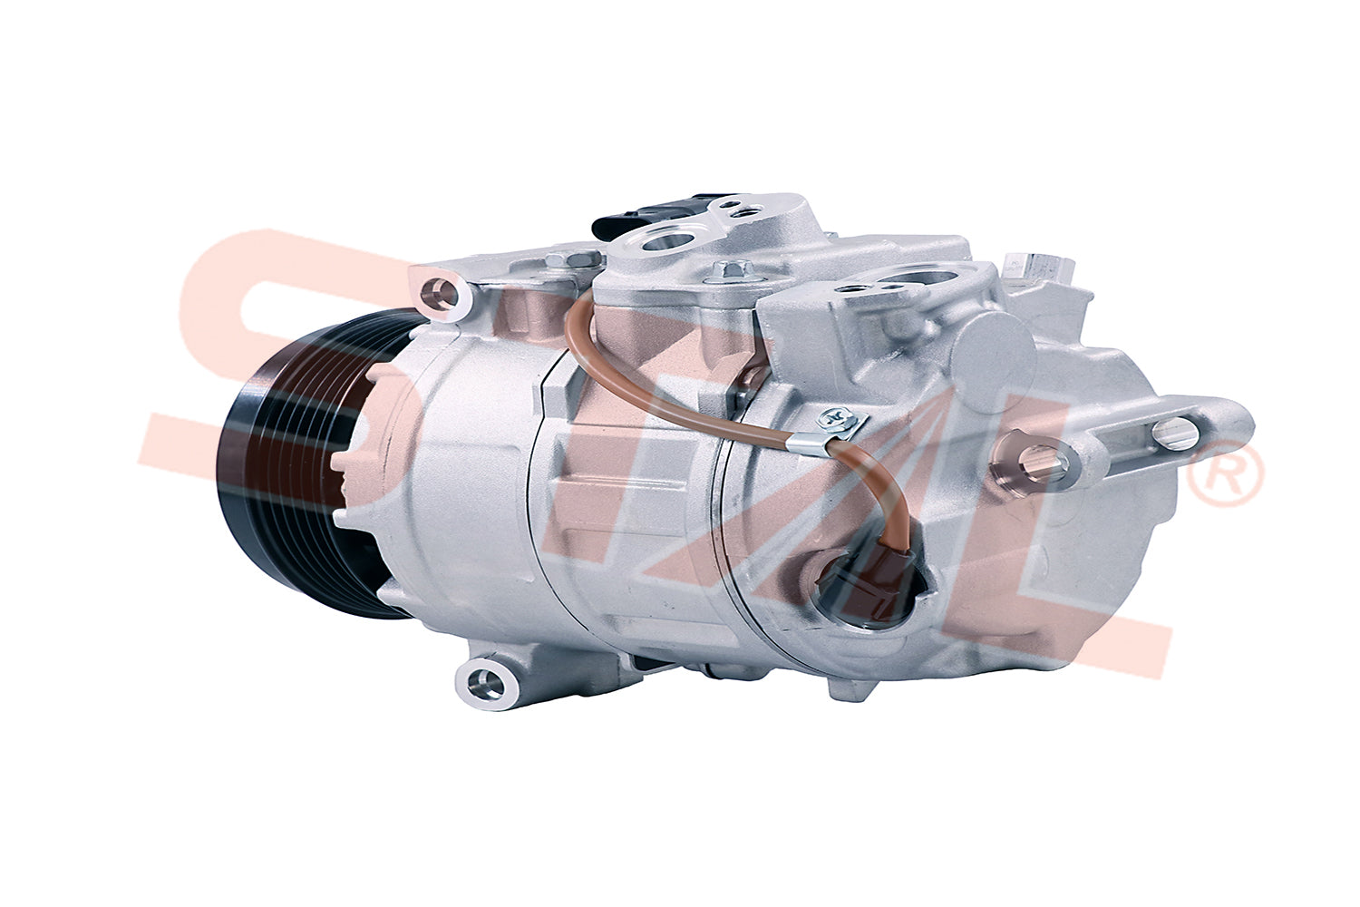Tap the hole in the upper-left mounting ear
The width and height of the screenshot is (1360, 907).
pos(442,291)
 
